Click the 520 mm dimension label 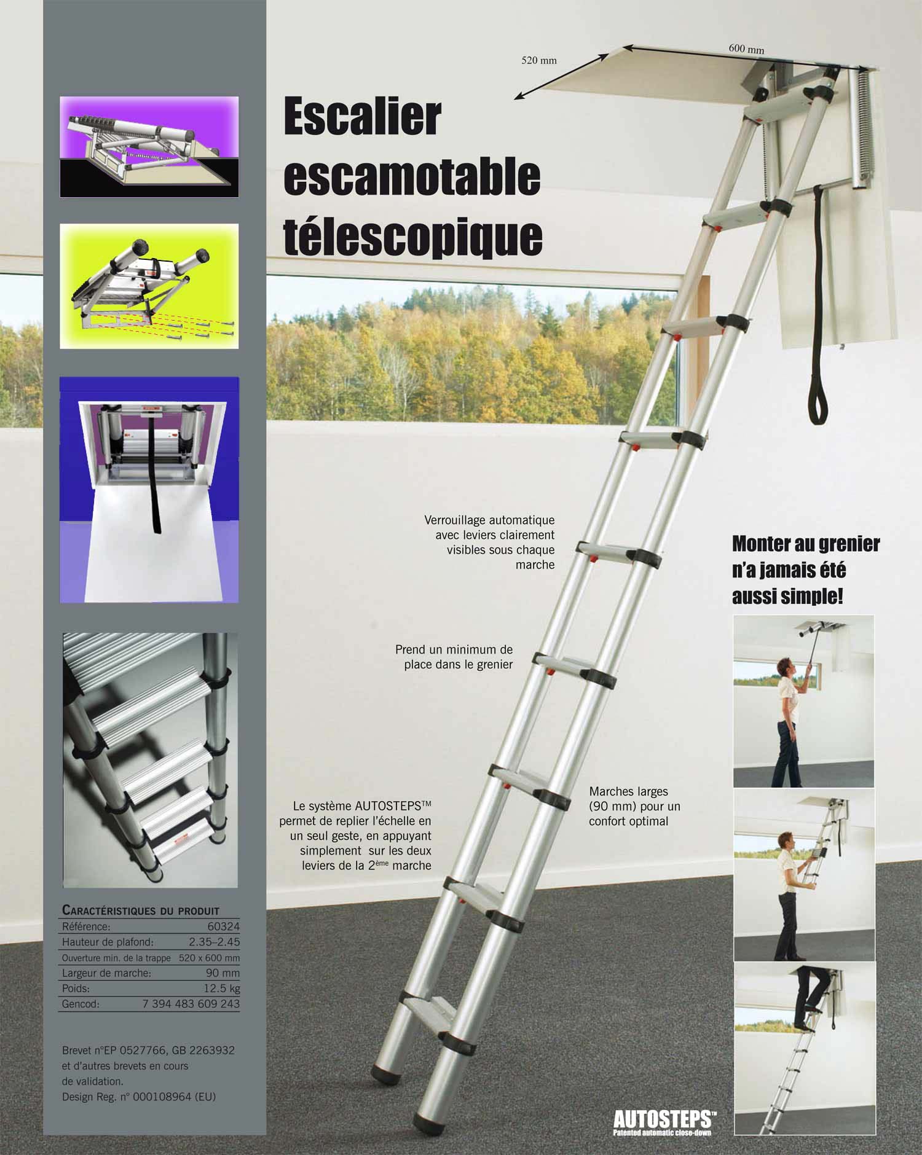539,60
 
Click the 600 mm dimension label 746,49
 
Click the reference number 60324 224,926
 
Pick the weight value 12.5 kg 222,989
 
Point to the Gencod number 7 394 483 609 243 191,1004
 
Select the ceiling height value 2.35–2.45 214,942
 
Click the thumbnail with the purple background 149,147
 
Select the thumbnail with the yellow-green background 149,286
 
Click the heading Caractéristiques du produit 141,910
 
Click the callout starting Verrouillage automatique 489,542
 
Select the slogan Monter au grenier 806,544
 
